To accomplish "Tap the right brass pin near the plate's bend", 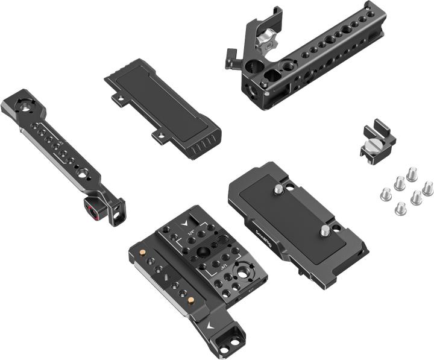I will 190,299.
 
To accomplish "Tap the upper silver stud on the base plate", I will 278,190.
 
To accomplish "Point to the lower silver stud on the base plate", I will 324,230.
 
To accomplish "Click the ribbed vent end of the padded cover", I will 201,145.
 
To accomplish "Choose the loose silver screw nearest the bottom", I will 400,209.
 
